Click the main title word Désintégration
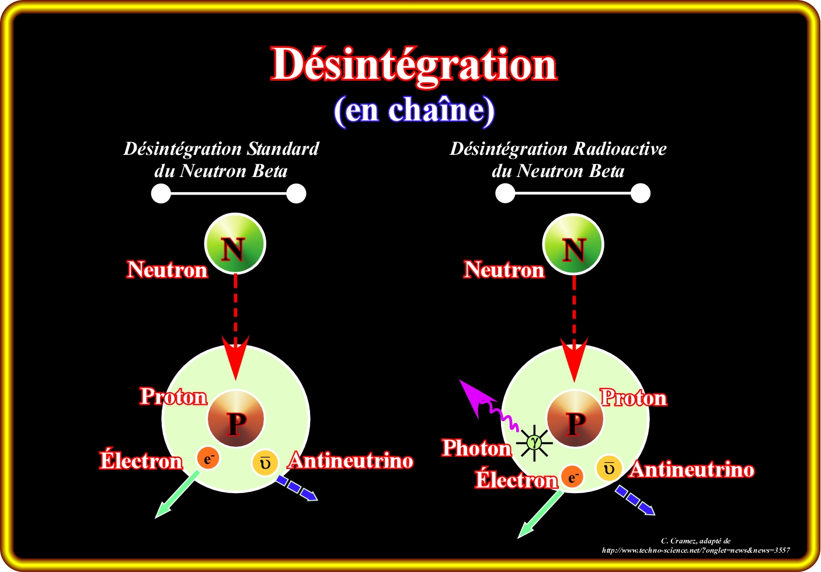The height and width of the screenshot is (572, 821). [x=414, y=65]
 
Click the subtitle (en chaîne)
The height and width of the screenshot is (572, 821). [x=414, y=110]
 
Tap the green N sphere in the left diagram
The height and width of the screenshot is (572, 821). [x=235, y=244]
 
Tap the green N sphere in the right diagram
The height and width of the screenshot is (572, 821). [x=573, y=244]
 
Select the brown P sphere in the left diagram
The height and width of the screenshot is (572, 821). [x=236, y=419]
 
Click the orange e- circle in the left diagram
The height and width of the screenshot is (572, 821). [x=208, y=457]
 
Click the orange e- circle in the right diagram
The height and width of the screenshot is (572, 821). [x=572, y=477]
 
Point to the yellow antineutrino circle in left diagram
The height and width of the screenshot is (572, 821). [x=265, y=462]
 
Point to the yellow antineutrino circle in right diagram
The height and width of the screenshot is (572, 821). [x=608, y=468]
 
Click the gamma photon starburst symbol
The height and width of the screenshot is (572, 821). [x=534, y=442]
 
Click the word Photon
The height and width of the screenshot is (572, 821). [x=476, y=448]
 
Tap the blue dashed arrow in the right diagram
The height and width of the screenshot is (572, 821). [x=635, y=501]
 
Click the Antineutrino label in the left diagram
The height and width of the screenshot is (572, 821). [x=352, y=461]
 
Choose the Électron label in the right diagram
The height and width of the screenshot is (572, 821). [x=516, y=480]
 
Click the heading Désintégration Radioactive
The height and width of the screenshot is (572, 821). [x=558, y=149]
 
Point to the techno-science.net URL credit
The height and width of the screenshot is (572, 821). [x=695, y=550]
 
